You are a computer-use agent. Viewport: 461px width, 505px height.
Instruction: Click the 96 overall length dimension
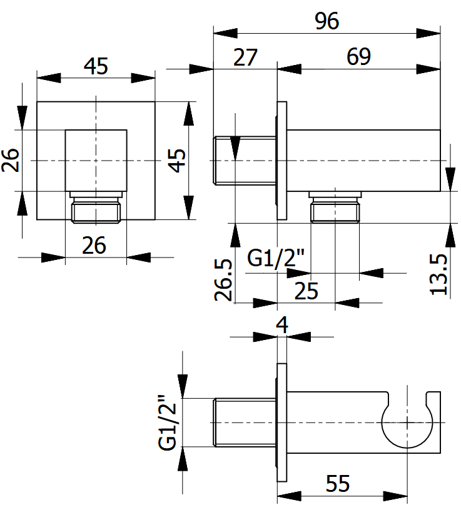(327, 21)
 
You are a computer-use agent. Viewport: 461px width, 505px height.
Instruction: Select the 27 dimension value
(245, 57)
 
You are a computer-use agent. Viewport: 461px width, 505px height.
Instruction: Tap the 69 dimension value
(358, 57)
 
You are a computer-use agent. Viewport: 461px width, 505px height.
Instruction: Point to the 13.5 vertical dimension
(438, 274)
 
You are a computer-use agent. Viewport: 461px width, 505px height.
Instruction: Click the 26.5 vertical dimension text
(223, 279)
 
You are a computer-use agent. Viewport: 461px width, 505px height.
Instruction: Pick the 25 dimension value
(306, 291)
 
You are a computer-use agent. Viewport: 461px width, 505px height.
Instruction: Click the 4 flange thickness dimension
(282, 325)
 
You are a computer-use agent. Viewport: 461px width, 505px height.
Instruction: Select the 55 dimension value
(338, 483)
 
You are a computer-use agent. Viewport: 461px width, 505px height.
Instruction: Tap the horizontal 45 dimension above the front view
(96, 66)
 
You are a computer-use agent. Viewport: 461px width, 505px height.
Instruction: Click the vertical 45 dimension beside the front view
(177, 161)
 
